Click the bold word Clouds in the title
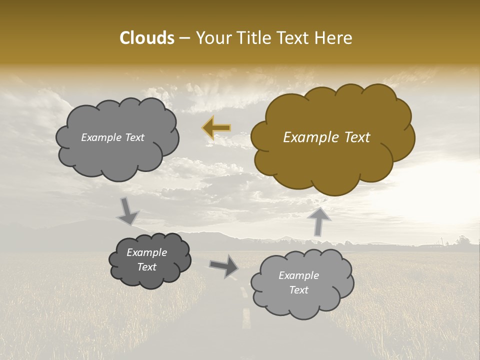pos(146,38)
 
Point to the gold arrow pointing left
pos(216,127)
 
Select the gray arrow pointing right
pos(224,265)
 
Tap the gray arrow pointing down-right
pos(128,211)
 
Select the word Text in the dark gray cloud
pos(147,267)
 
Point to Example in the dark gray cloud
pos(147,252)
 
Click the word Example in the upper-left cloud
pos(100,137)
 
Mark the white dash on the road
pos(246,319)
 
